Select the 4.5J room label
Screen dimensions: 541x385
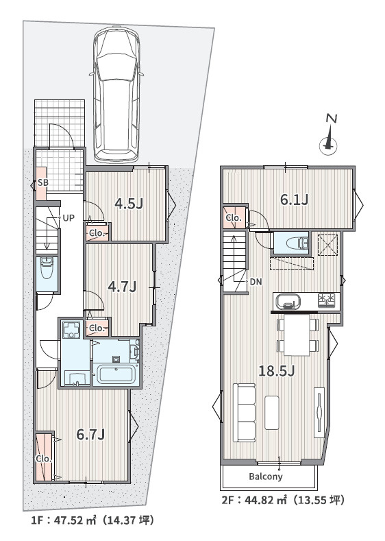click(x=128, y=203)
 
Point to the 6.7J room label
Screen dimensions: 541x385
click(x=90, y=433)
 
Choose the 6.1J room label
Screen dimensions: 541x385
click(x=294, y=200)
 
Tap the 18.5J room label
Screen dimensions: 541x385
click(x=276, y=371)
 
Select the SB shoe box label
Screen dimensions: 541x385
click(x=42, y=183)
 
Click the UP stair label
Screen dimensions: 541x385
click(x=69, y=218)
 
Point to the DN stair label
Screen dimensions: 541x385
click(x=255, y=281)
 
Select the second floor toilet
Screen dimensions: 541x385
click(x=293, y=242)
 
